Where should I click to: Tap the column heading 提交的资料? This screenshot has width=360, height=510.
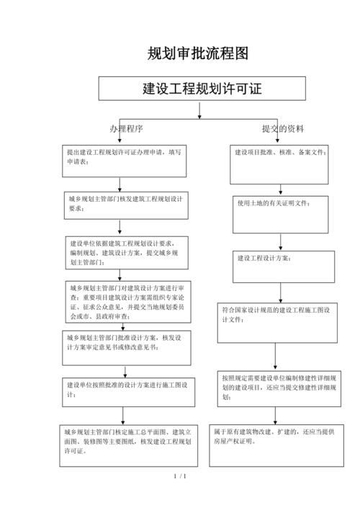[282, 129]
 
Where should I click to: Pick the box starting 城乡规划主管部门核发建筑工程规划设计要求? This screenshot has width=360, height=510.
[125, 205]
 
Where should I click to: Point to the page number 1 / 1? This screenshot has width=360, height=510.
[180, 477]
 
